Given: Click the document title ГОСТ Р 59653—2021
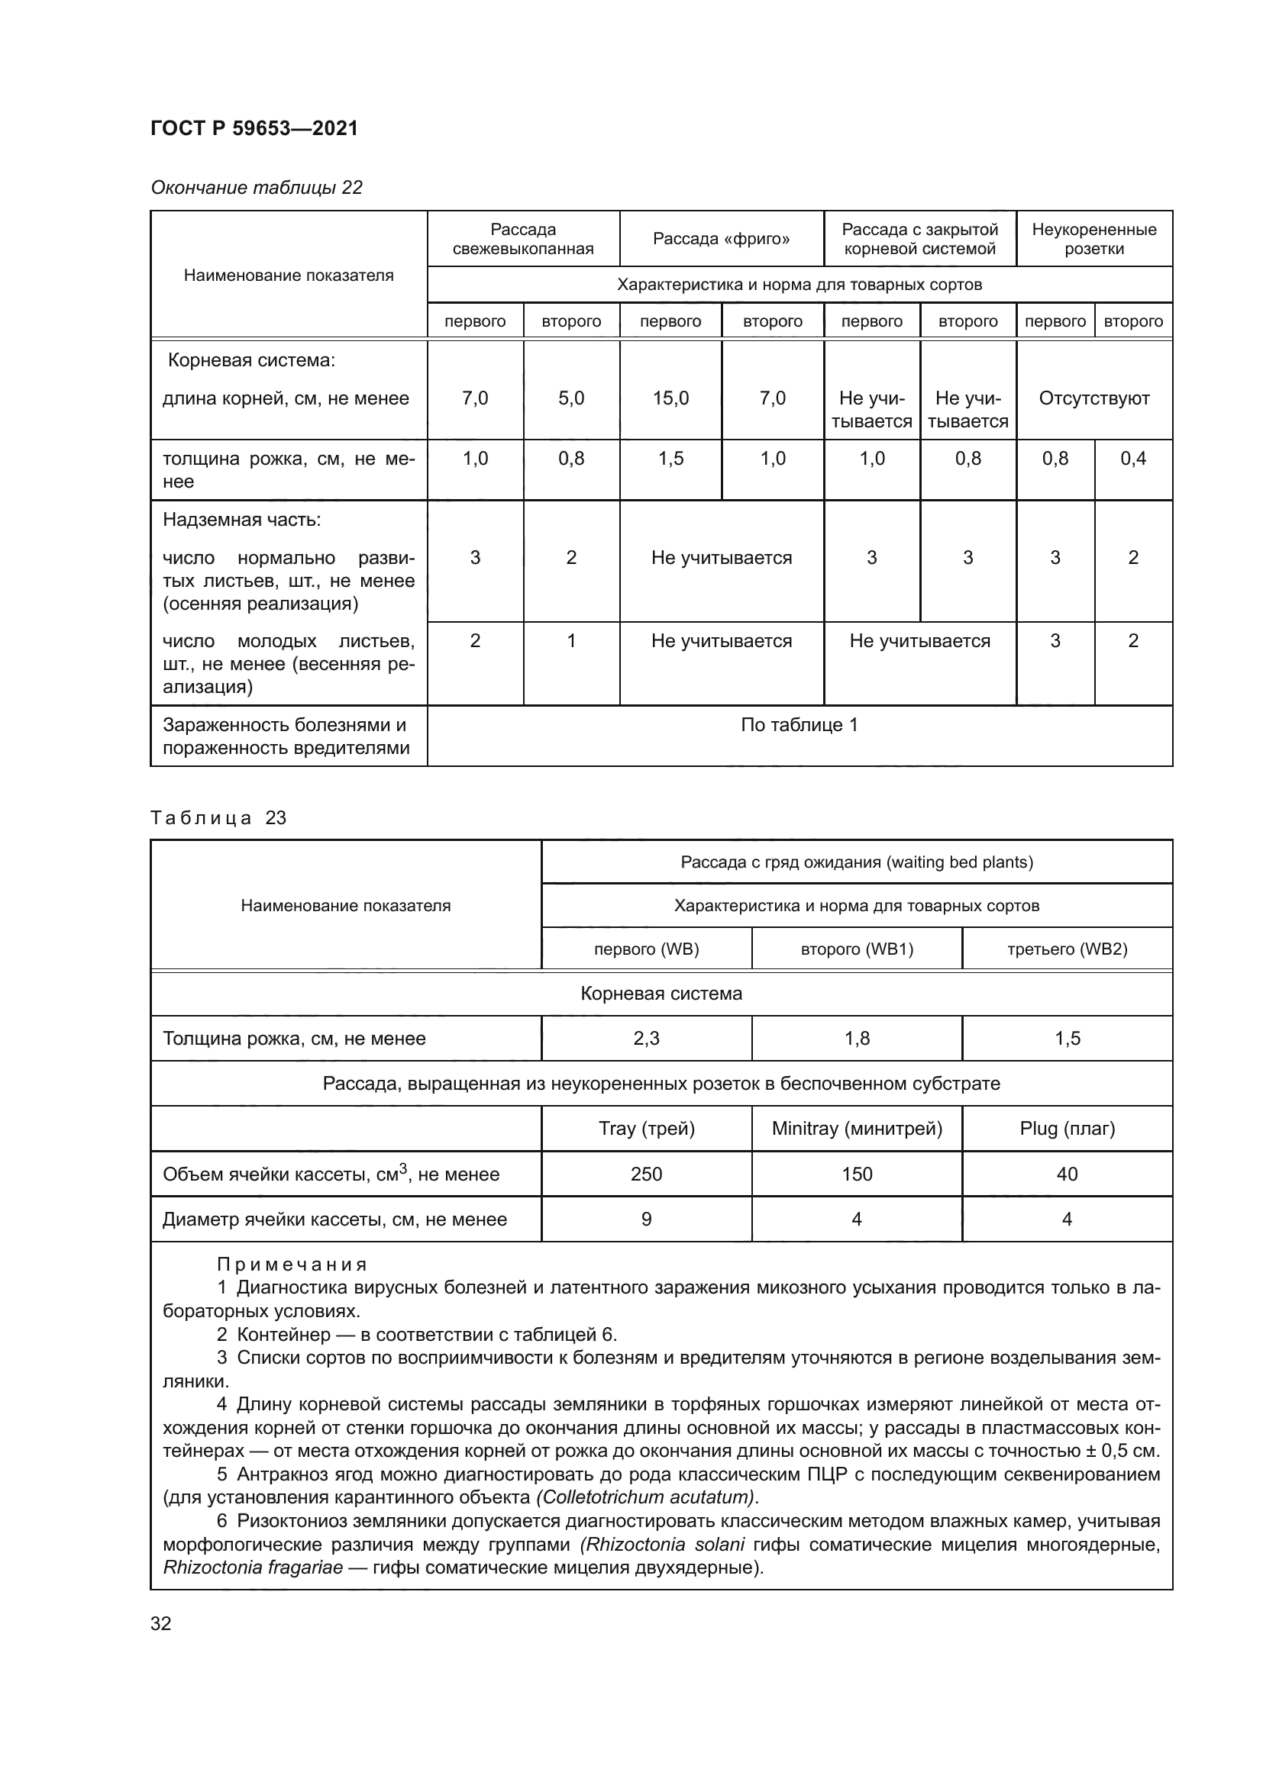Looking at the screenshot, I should [x=254, y=128].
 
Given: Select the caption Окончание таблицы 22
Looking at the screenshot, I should [x=256, y=188].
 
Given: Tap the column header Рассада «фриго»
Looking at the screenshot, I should [x=721, y=239].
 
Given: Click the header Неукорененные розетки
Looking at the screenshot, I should [x=1093, y=239].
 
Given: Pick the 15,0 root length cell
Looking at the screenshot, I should [x=670, y=398].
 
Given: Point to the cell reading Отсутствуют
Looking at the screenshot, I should [x=1093, y=398].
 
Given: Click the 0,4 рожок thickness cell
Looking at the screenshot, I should [x=1133, y=459].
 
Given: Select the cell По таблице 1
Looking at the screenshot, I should [x=799, y=724].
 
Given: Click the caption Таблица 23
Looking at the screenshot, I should [x=218, y=817].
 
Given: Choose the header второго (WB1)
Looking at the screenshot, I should [x=856, y=949].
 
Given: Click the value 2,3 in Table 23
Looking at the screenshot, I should [x=645, y=1038].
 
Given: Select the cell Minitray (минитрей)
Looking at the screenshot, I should [x=856, y=1128].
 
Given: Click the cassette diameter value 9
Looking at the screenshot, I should [x=645, y=1218].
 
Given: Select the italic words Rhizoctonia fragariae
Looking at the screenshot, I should [x=253, y=1567].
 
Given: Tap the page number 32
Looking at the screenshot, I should [x=161, y=1622].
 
